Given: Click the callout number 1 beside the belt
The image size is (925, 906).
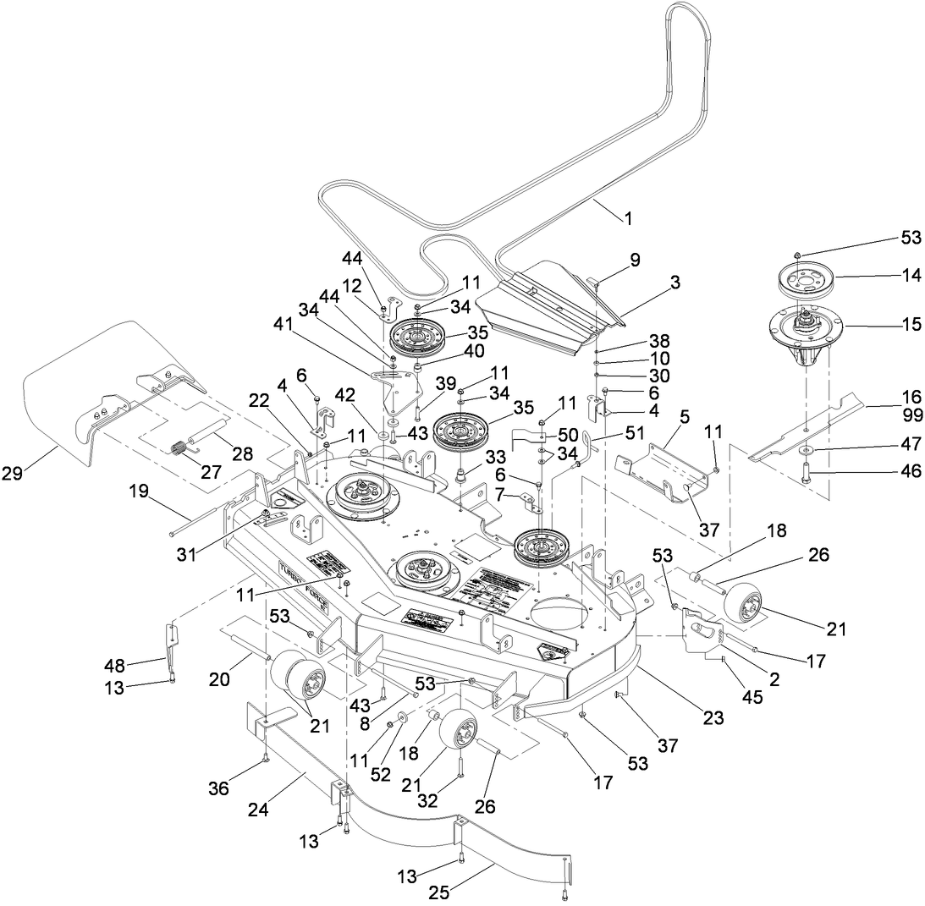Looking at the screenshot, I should [627, 219].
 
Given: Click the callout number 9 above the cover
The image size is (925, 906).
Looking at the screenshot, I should [634, 261].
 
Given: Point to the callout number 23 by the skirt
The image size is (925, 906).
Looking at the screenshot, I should [713, 718].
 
